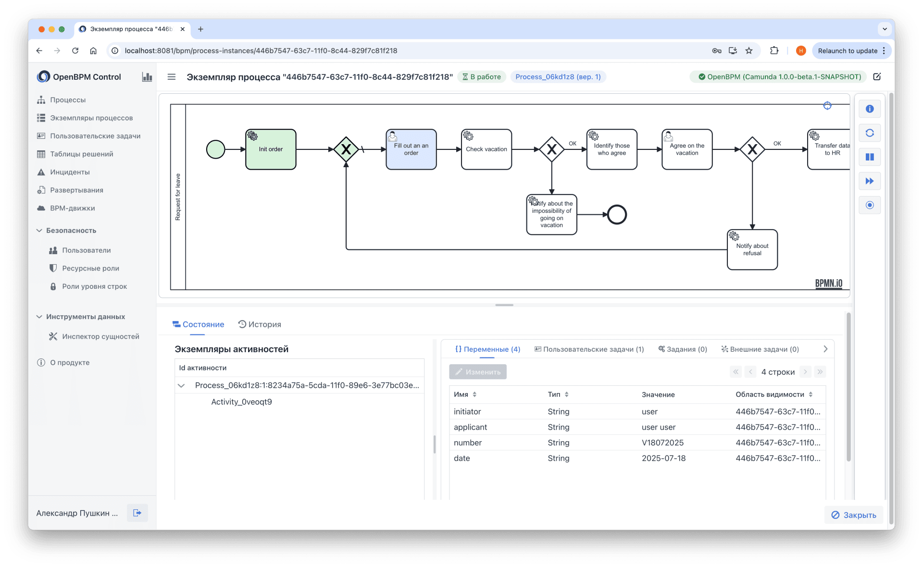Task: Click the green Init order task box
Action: [x=271, y=149]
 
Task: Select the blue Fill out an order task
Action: [x=411, y=149]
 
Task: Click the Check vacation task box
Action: [x=486, y=149]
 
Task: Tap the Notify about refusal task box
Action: [x=752, y=250]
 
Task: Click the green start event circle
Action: [x=215, y=149]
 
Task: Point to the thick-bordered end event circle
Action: [x=617, y=215]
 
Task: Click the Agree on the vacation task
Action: [x=687, y=149]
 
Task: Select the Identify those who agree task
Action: [x=611, y=149]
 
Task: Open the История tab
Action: [x=260, y=324]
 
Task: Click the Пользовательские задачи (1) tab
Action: [x=589, y=349]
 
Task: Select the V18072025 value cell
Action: [x=662, y=443]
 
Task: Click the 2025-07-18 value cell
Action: [x=663, y=458]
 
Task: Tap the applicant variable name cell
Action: [x=470, y=427]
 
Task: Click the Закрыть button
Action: [x=854, y=515]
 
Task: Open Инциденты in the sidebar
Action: [x=70, y=172]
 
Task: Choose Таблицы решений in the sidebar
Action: [x=82, y=154]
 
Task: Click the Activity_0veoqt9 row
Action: [x=241, y=402]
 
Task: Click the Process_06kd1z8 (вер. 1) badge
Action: [x=558, y=77]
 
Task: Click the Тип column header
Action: [x=554, y=394]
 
